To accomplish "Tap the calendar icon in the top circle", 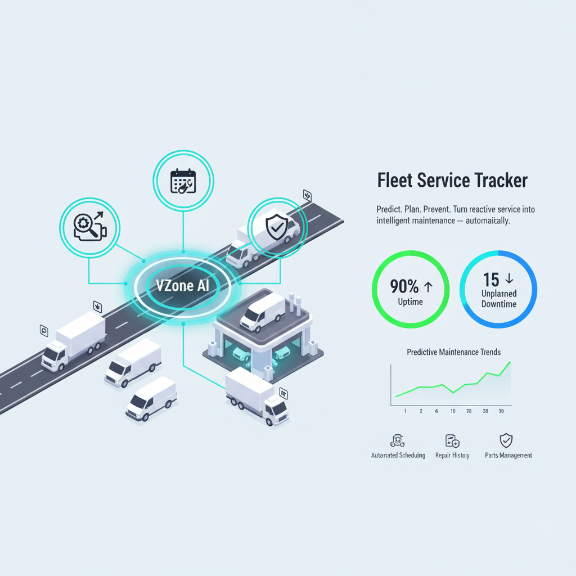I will click(x=183, y=181).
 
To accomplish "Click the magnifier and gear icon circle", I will click(x=89, y=228).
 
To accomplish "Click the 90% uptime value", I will click(x=404, y=287).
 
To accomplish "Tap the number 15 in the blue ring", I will click(x=491, y=279).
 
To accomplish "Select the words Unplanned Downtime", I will click(x=498, y=299).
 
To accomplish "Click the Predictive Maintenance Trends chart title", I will click(x=453, y=352).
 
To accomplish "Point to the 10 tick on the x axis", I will click(x=453, y=411).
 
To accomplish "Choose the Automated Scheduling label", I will click(x=398, y=455).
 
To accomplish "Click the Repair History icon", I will click(x=452, y=440).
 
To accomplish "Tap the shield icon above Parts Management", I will click(x=506, y=440).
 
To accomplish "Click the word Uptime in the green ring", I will click(x=411, y=303).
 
